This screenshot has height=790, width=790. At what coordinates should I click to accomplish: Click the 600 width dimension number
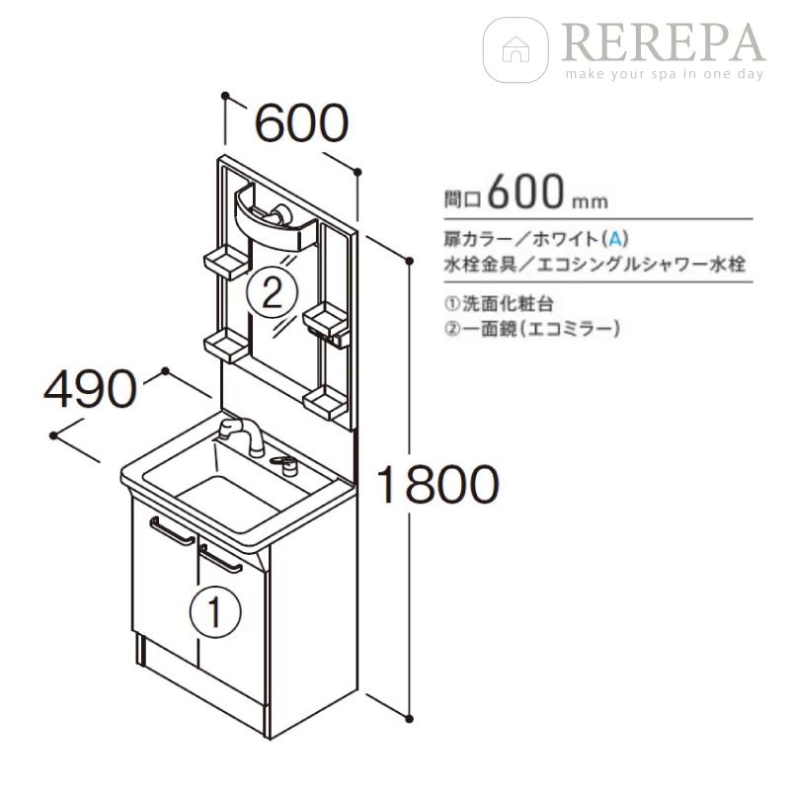pos(302,122)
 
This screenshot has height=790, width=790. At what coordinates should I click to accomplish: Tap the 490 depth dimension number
pos(88,391)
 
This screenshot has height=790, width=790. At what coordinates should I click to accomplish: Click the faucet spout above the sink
pos(237,433)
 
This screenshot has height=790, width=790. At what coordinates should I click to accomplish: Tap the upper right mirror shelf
pos(326,321)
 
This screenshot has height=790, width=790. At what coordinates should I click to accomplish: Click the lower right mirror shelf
pos(325,400)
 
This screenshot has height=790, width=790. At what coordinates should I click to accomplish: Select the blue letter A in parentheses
pos(616,238)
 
